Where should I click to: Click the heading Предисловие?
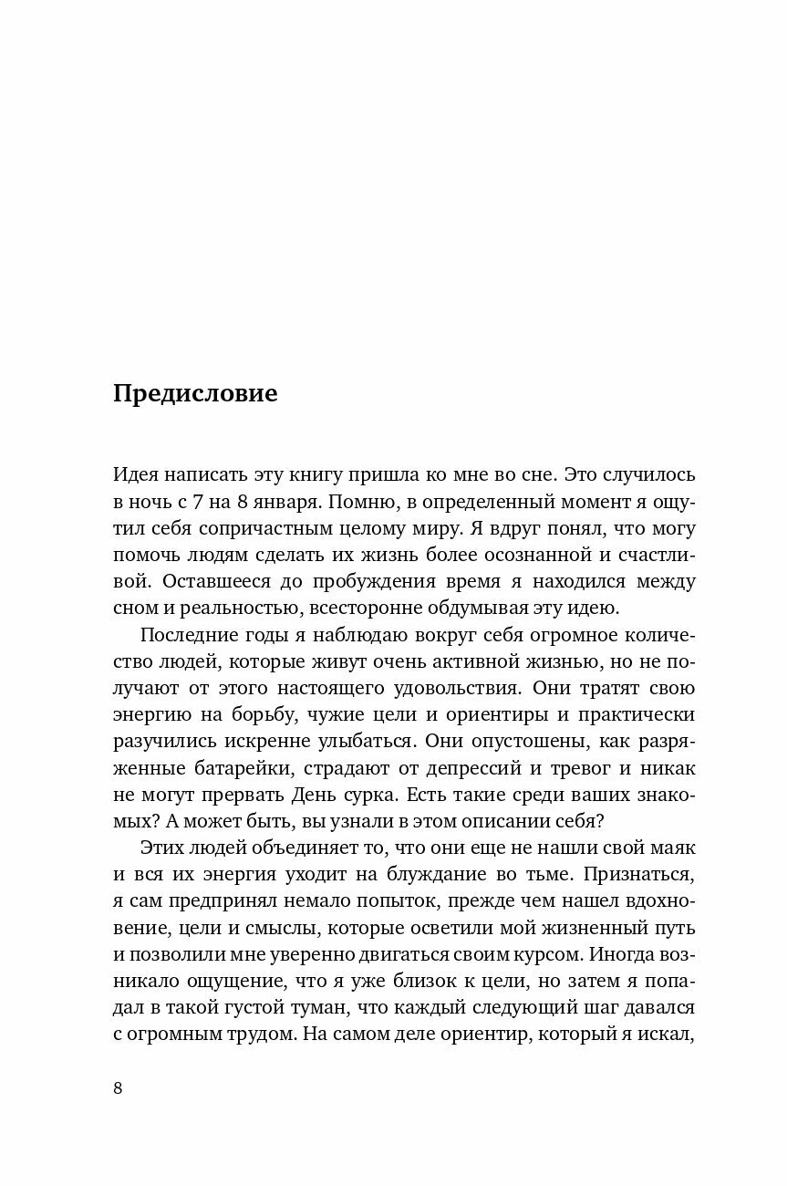195,394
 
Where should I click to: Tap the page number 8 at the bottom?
118,1087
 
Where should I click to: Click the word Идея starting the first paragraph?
137,475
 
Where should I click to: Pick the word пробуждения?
386,582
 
